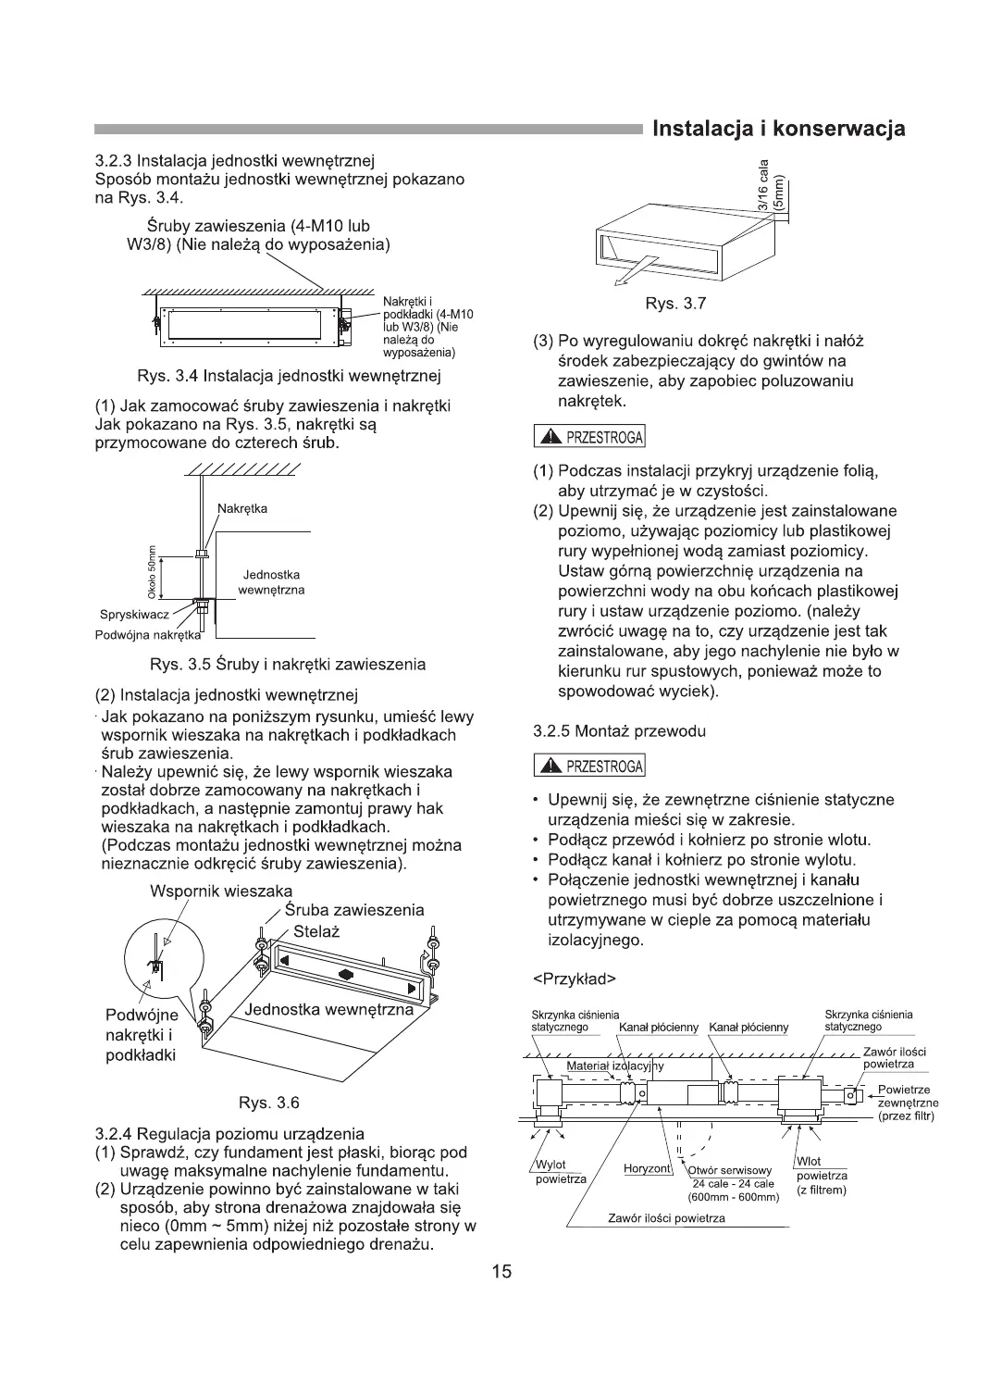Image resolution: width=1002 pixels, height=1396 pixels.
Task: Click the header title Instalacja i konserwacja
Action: tap(778, 129)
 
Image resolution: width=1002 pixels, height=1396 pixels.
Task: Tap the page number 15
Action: tap(501, 1271)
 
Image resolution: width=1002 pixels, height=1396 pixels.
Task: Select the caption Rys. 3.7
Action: tap(675, 305)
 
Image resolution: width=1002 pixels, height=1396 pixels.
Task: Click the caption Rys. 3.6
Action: tap(269, 1103)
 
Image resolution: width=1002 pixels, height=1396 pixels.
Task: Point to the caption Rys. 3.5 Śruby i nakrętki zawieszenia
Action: tap(288, 664)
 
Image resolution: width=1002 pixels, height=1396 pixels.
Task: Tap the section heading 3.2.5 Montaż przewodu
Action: tap(619, 730)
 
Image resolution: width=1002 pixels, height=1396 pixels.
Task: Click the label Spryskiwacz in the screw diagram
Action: tap(131, 616)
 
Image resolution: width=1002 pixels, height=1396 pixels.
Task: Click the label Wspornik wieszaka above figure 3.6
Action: tap(221, 891)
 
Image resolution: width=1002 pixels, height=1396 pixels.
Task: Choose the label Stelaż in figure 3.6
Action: tap(316, 931)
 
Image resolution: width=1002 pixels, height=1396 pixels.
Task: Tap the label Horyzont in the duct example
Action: tap(647, 1169)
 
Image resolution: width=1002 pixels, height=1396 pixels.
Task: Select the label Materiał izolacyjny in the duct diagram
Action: tap(615, 1066)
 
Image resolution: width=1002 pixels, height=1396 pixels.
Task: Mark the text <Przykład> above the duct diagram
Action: tap(575, 978)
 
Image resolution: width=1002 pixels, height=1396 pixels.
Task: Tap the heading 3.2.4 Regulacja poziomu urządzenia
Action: tap(229, 1134)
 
